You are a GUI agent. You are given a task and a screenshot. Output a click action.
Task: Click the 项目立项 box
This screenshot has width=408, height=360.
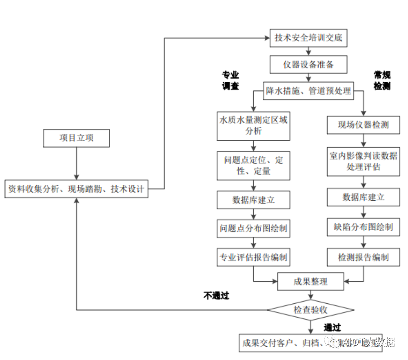76,138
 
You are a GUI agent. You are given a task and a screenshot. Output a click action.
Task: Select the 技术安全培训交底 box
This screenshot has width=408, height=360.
308,38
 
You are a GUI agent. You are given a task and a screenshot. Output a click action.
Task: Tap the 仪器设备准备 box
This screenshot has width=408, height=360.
308,64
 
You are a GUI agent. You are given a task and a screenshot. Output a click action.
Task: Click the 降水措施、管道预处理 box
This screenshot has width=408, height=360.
308,91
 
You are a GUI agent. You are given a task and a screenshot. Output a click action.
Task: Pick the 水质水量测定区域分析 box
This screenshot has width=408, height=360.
253,126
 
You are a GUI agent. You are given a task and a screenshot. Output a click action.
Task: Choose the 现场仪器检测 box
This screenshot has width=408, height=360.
363,125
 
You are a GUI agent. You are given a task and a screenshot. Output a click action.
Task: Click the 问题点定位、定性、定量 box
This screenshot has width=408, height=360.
253,165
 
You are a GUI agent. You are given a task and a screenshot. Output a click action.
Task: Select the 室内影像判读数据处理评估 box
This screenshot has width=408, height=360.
363,161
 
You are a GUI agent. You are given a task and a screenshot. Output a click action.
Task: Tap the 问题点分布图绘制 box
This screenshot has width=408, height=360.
253,228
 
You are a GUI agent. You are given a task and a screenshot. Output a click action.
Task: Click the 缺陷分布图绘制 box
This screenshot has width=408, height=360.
363,227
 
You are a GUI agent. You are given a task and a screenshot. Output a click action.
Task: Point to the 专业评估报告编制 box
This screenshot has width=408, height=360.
253,257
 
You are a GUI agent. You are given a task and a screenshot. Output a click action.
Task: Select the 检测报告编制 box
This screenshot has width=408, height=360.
363,257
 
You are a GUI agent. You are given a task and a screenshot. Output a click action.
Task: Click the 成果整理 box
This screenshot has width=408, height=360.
310,281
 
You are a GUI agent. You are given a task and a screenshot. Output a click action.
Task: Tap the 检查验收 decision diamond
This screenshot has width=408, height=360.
310,310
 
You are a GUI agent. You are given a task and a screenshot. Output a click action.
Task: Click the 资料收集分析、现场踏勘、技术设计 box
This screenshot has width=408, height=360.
76,189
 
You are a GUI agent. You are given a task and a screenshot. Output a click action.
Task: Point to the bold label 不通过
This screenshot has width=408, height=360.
216,296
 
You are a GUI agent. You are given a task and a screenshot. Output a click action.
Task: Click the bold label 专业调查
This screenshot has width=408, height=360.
230,80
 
